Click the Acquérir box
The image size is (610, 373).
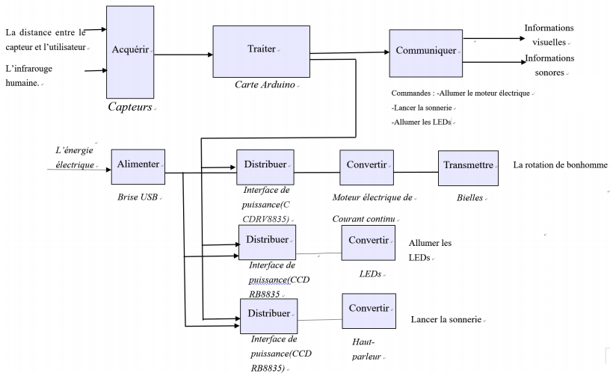click(x=131, y=49)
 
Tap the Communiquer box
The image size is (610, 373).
click(x=425, y=52)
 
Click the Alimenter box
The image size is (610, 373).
click(x=138, y=167)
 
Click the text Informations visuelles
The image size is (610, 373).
click(x=549, y=35)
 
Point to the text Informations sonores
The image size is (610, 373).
click(x=549, y=65)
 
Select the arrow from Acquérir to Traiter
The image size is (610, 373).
click(x=183, y=54)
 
